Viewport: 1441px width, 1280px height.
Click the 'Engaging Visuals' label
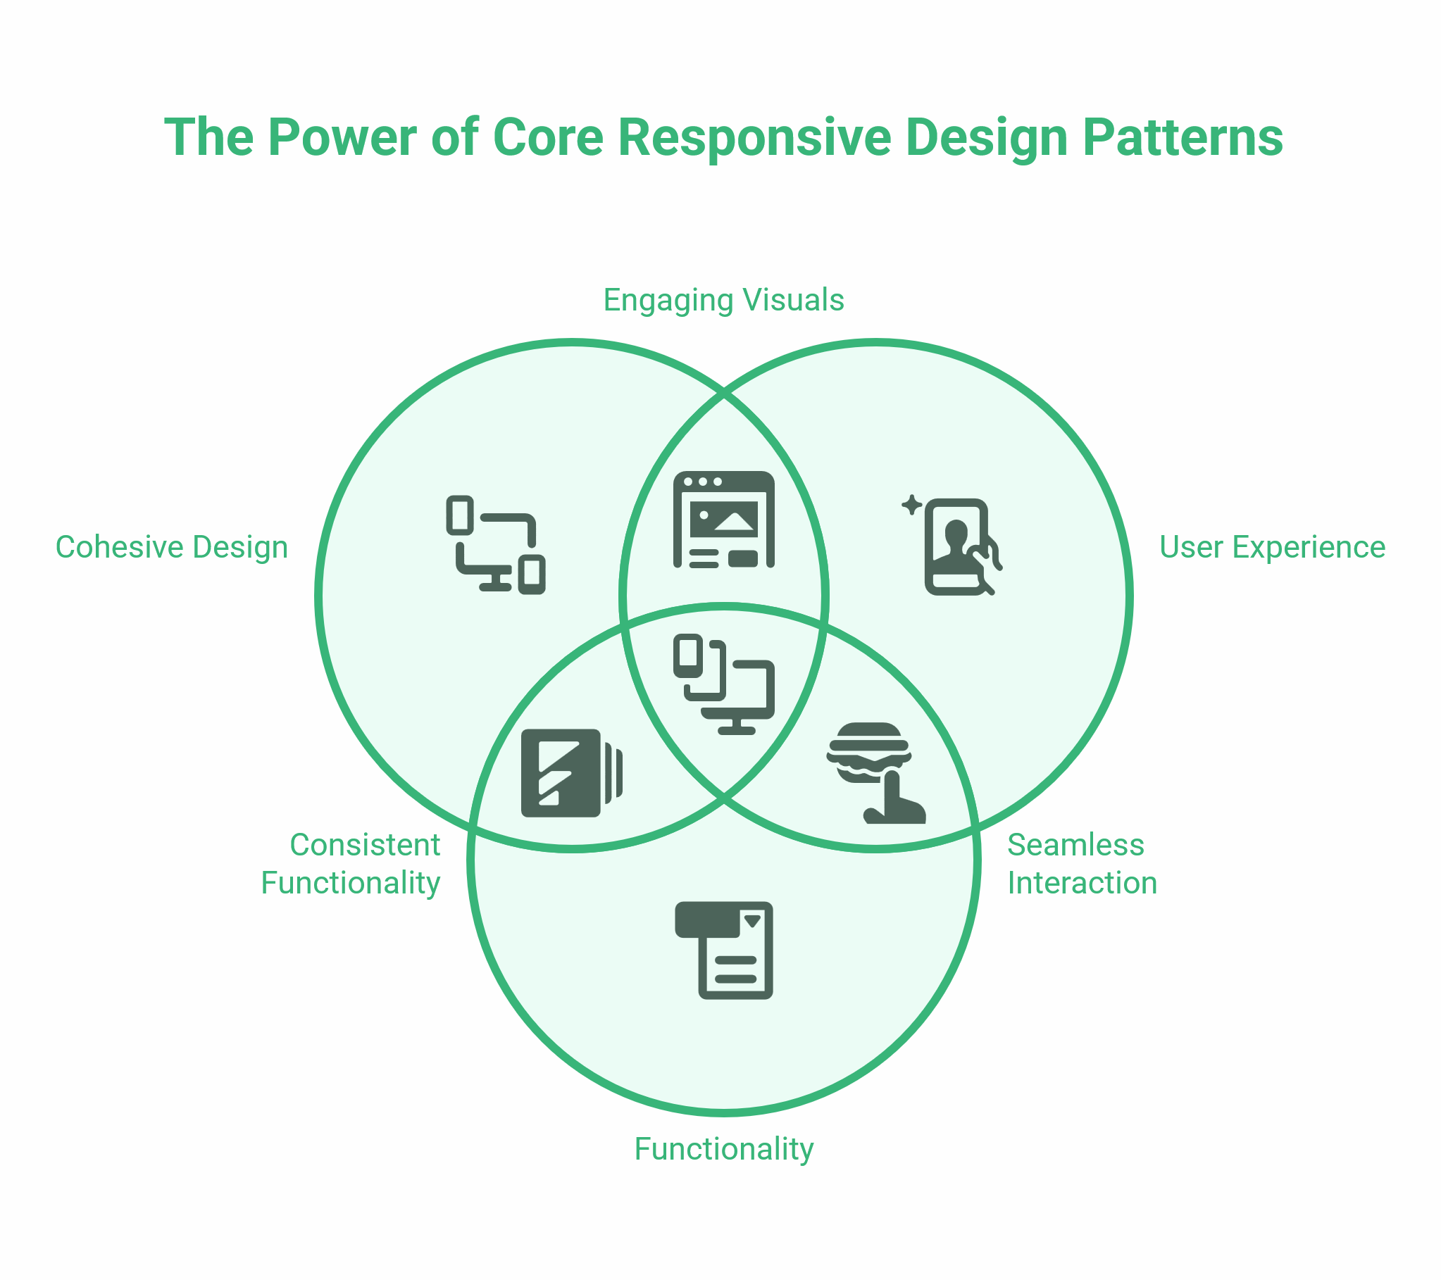point(723,300)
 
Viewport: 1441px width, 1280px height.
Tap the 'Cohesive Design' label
point(171,548)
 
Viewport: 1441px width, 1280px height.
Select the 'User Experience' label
point(1272,548)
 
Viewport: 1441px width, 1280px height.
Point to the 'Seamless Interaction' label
point(1082,864)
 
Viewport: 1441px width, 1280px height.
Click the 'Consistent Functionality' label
point(350,864)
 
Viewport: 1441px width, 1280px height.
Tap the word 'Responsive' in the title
point(754,137)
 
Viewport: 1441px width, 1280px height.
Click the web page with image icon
point(723,520)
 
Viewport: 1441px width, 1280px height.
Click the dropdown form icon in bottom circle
point(723,950)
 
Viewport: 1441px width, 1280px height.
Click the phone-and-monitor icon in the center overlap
point(723,684)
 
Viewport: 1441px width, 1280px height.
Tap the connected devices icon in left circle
point(496,545)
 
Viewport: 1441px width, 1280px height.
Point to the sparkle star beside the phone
point(911,505)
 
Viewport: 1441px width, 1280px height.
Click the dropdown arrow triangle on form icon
point(752,920)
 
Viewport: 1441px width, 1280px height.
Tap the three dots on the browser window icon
point(703,482)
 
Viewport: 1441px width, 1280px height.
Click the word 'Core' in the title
point(548,137)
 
